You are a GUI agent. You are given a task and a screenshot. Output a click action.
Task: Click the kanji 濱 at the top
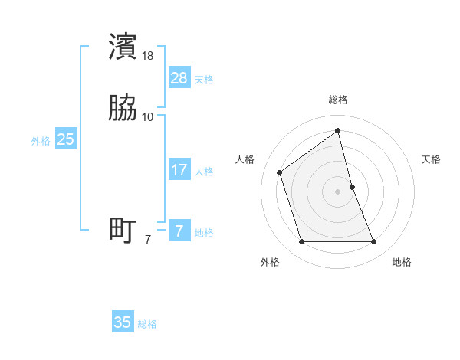(123, 47)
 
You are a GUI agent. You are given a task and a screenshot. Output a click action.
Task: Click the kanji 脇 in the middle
(123, 109)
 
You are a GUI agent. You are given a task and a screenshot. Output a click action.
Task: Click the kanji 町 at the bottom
(123, 230)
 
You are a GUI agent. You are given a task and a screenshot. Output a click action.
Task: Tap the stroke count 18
(148, 56)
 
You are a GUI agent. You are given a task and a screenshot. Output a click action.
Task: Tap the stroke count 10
(148, 117)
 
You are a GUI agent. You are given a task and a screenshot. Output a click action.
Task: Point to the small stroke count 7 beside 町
(148, 240)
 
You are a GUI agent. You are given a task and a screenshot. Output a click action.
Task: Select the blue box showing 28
(179, 78)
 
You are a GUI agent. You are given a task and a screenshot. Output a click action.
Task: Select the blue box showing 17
(179, 170)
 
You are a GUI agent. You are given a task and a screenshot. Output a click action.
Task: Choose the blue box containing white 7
(179, 231)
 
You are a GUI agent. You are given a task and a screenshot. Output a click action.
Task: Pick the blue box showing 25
(66, 139)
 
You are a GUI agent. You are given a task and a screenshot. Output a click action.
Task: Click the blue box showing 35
(123, 322)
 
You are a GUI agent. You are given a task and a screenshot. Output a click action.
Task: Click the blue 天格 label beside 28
(204, 80)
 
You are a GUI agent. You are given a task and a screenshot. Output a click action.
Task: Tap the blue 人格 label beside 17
(204, 172)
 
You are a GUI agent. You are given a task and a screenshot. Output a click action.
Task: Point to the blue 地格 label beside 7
(204, 233)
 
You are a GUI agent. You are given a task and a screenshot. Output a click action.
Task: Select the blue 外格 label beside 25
(41, 141)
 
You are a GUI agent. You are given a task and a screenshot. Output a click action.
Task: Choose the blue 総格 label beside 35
(147, 324)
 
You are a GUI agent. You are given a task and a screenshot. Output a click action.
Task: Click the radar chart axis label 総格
(338, 100)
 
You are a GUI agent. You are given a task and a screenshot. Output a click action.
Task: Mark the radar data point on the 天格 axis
(352, 186)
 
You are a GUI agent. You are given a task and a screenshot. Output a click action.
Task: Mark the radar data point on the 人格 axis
(280, 172)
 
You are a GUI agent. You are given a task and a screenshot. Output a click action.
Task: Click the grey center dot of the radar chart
(338, 191)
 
